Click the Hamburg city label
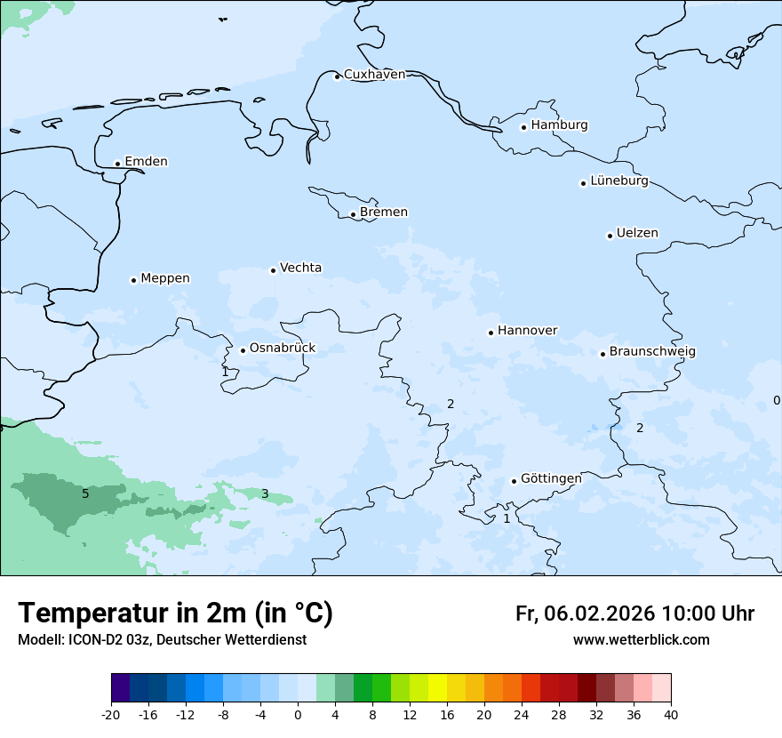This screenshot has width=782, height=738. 559,125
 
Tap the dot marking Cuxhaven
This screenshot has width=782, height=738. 337,76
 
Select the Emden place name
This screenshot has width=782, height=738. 146,162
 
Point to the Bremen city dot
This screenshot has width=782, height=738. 353,214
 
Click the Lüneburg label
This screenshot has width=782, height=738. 618,181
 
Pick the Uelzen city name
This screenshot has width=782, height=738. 637,234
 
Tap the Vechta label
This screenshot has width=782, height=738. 300,268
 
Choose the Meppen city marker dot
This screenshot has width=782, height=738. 133,280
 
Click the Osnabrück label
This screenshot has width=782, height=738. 283,349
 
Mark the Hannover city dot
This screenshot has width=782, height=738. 491,333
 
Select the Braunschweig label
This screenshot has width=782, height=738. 652,352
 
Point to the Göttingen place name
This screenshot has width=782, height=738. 551,479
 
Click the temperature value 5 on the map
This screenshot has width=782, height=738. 85,493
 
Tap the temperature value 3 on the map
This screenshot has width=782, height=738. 265,494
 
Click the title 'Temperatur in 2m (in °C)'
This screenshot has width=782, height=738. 175,614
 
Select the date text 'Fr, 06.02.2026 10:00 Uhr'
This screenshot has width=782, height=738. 634,614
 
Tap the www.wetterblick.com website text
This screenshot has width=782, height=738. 641,640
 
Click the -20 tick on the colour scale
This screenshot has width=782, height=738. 111,714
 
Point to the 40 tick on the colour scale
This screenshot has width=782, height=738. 671,714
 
